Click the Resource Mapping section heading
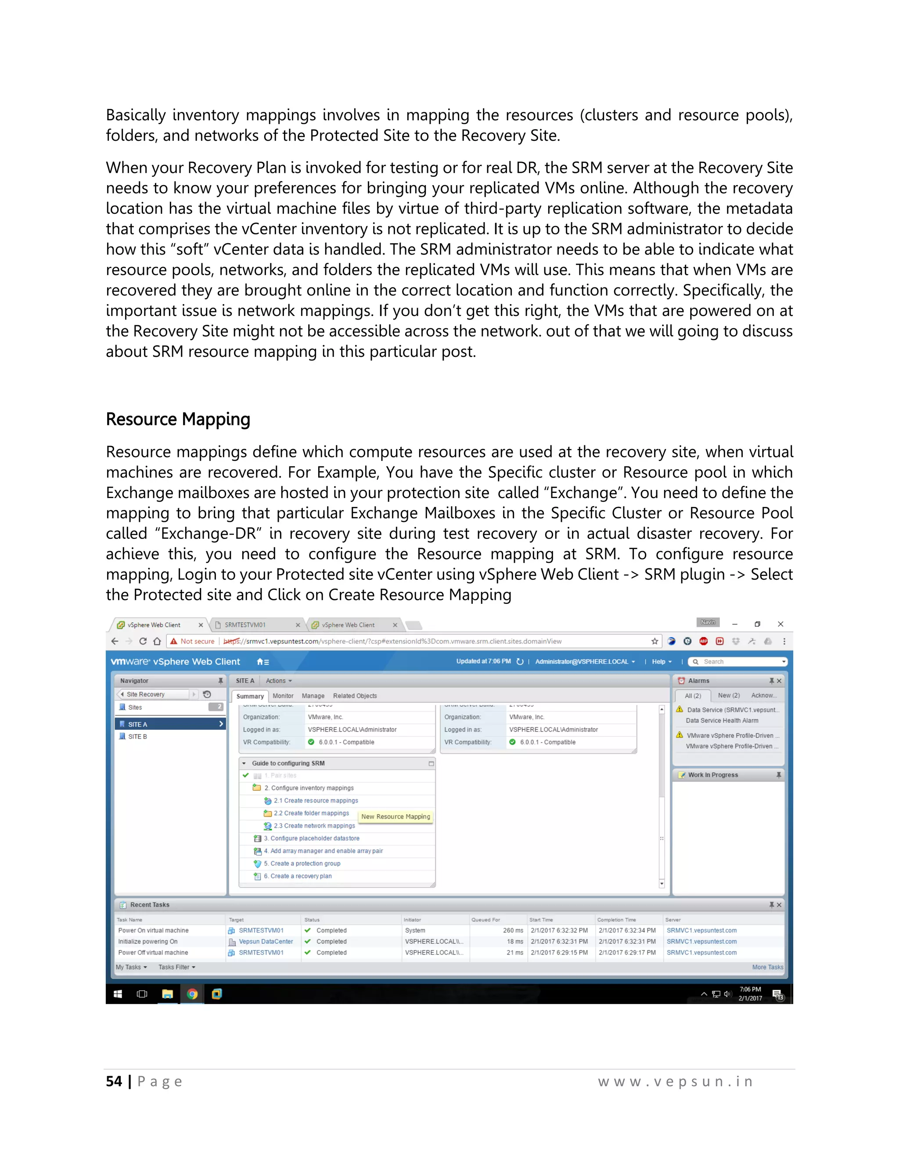point(178,420)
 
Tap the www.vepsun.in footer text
point(675,1081)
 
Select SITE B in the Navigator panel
point(137,736)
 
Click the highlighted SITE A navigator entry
point(138,724)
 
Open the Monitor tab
point(283,696)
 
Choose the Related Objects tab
point(355,696)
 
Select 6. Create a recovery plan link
point(301,876)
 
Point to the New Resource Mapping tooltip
point(396,816)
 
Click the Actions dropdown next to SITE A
point(279,681)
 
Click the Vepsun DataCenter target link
point(266,941)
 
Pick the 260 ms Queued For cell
point(513,930)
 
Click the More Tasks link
point(767,967)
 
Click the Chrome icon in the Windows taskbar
point(192,994)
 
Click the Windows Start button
point(118,994)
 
